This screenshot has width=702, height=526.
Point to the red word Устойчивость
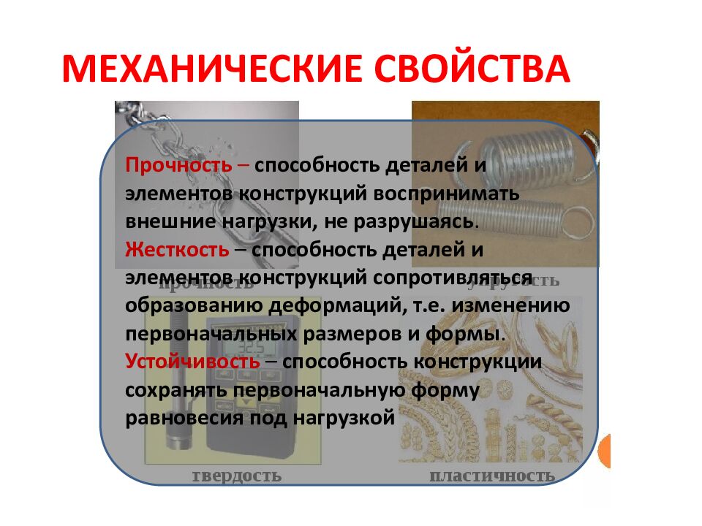[x=192, y=362]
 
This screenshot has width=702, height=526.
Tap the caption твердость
[x=236, y=476]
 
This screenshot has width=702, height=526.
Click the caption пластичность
[x=491, y=476]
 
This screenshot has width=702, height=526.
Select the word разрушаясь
[x=423, y=221]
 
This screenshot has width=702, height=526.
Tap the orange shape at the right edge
[x=605, y=451]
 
